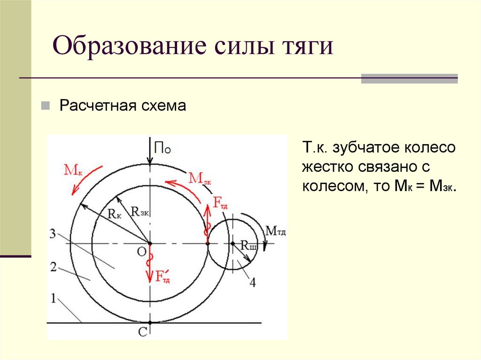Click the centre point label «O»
[x=141, y=252]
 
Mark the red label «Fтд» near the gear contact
[x=221, y=204]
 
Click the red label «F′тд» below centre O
[x=162, y=276]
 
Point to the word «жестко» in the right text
[x=326, y=167]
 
